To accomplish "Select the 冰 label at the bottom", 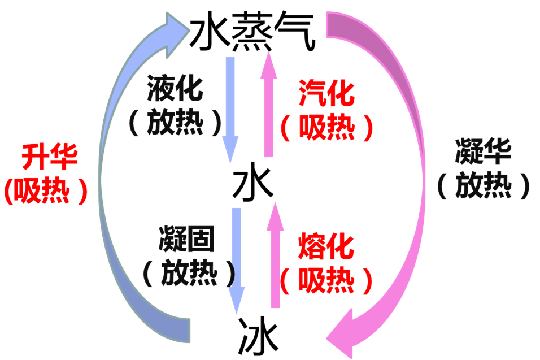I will coord(258,336).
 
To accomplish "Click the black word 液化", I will coord(175,90).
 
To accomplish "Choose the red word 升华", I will coord(49,158).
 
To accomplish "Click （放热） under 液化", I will coord(175,121).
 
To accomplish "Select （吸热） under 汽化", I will coord(327,127).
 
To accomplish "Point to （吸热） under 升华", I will coord(46,191).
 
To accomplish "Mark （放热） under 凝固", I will coord(189,273).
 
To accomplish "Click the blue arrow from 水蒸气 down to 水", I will coord(230,107).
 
